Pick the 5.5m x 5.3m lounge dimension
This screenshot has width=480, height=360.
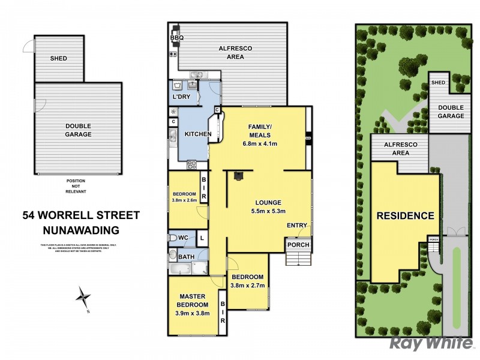(x=268, y=211)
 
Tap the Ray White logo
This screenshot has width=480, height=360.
(x=431, y=343)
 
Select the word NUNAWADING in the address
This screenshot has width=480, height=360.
(x=81, y=230)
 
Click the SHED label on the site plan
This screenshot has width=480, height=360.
(x=438, y=83)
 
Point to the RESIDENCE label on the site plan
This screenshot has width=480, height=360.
(x=405, y=216)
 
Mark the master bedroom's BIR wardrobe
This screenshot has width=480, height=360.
(x=222, y=312)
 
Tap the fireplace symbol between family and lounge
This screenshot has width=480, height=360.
(x=238, y=176)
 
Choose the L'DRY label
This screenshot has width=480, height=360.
(x=182, y=97)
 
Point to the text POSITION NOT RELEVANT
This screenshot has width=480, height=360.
(x=76, y=186)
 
